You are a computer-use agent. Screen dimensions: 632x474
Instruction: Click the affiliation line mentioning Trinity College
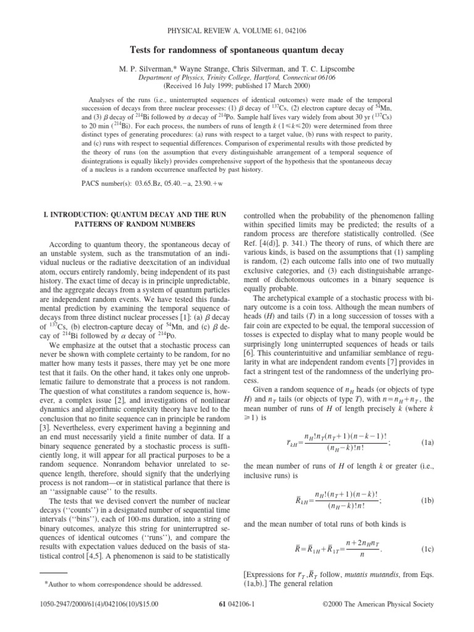(x=237, y=78)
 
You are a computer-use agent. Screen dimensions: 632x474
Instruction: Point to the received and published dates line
(x=237, y=86)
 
